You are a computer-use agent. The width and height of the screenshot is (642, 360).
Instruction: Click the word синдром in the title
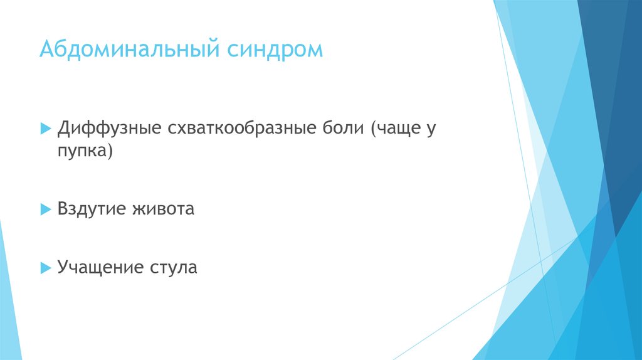[276, 50]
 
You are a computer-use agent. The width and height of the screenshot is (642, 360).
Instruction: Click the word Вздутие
[91, 208]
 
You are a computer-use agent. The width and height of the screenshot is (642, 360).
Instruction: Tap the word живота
[163, 208]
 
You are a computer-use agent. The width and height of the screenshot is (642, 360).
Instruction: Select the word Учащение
[99, 268]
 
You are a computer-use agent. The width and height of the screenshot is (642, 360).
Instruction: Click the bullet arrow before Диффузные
[45, 128]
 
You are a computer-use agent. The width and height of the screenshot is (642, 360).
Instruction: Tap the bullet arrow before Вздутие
[45, 209]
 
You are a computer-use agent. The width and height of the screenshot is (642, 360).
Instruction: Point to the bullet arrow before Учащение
[45, 268]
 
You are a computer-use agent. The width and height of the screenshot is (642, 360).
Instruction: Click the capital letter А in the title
[46, 50]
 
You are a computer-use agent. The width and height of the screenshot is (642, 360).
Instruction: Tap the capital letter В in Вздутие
[63, 208]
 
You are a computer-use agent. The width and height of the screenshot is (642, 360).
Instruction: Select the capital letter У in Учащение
[63, 268]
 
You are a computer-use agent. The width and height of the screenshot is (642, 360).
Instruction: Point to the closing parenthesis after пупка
[110, 152]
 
